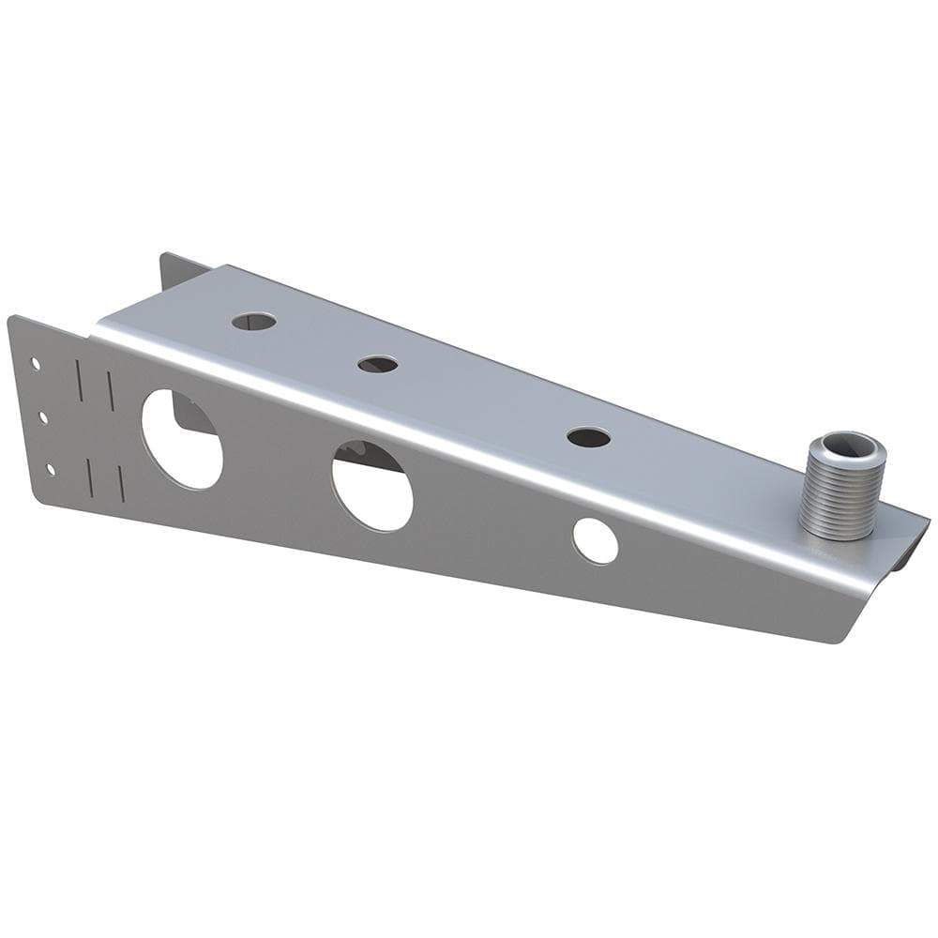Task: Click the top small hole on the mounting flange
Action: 36,361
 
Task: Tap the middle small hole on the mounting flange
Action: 43,414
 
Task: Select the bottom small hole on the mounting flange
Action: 51,466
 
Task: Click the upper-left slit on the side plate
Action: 79,381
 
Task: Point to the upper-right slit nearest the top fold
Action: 110,390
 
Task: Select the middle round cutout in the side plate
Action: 372,484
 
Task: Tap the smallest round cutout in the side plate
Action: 596,541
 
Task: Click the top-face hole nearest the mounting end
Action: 254,322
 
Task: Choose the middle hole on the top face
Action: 377,363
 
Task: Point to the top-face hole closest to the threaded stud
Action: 589,437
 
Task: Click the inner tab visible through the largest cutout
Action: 192,416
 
